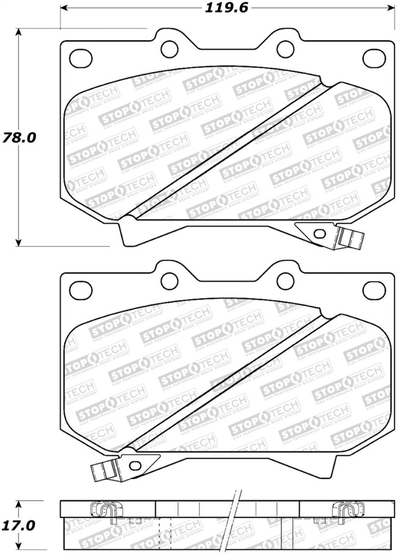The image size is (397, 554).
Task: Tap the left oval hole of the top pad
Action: (81, 56)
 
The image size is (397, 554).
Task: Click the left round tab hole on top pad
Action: (169, 49)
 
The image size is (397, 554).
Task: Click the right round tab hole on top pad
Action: (285, 49)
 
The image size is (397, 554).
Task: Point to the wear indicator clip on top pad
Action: (351, 238)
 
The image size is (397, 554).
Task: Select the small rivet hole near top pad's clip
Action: (318, 233)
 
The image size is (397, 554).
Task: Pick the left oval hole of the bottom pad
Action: (81, 289)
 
